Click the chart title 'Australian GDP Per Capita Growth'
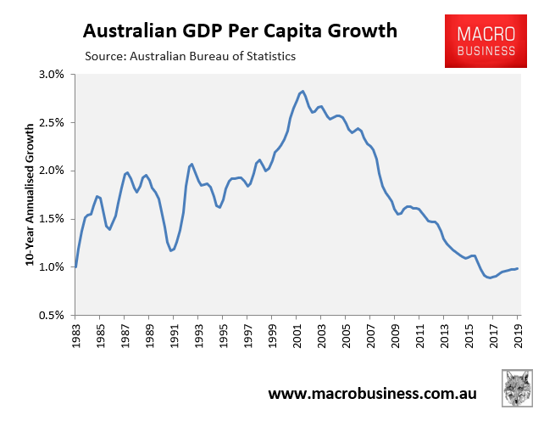(240, 31)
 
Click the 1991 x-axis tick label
(174, 334)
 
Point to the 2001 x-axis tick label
(297, 334)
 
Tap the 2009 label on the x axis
(396, 334)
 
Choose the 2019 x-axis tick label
(519, 334)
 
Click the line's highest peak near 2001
(302, 91)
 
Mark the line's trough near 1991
(171, 250)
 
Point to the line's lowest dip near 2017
(490, 278)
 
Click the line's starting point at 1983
(75, 266)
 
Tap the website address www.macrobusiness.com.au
(372, 394)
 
